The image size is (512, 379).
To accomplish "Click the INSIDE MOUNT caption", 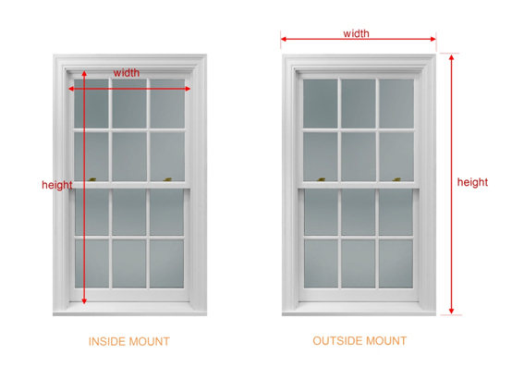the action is pos(129,341).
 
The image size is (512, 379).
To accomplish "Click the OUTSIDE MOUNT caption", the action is pos(360,341).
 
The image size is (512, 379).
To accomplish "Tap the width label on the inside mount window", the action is pos(127,72).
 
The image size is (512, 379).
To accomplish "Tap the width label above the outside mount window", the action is pos(356,33).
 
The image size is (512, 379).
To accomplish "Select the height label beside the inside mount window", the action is pos(56,185).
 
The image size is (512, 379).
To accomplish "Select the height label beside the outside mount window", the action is pos(472,182).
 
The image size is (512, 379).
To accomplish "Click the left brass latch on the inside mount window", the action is pos(92,179).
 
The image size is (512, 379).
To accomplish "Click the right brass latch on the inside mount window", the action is pos(168,179).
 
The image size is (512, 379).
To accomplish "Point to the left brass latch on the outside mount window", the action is pos(322,179).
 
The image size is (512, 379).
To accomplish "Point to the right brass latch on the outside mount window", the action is pos(396,179).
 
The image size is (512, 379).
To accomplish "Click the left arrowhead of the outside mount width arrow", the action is pos(282,39).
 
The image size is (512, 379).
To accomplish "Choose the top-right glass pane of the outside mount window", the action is pos(396,104).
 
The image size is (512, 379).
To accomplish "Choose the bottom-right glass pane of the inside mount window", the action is pos(167,263).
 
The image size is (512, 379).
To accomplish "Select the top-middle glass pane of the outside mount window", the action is pos(359,104).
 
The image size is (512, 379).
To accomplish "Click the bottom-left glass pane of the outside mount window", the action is pos(322,263).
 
